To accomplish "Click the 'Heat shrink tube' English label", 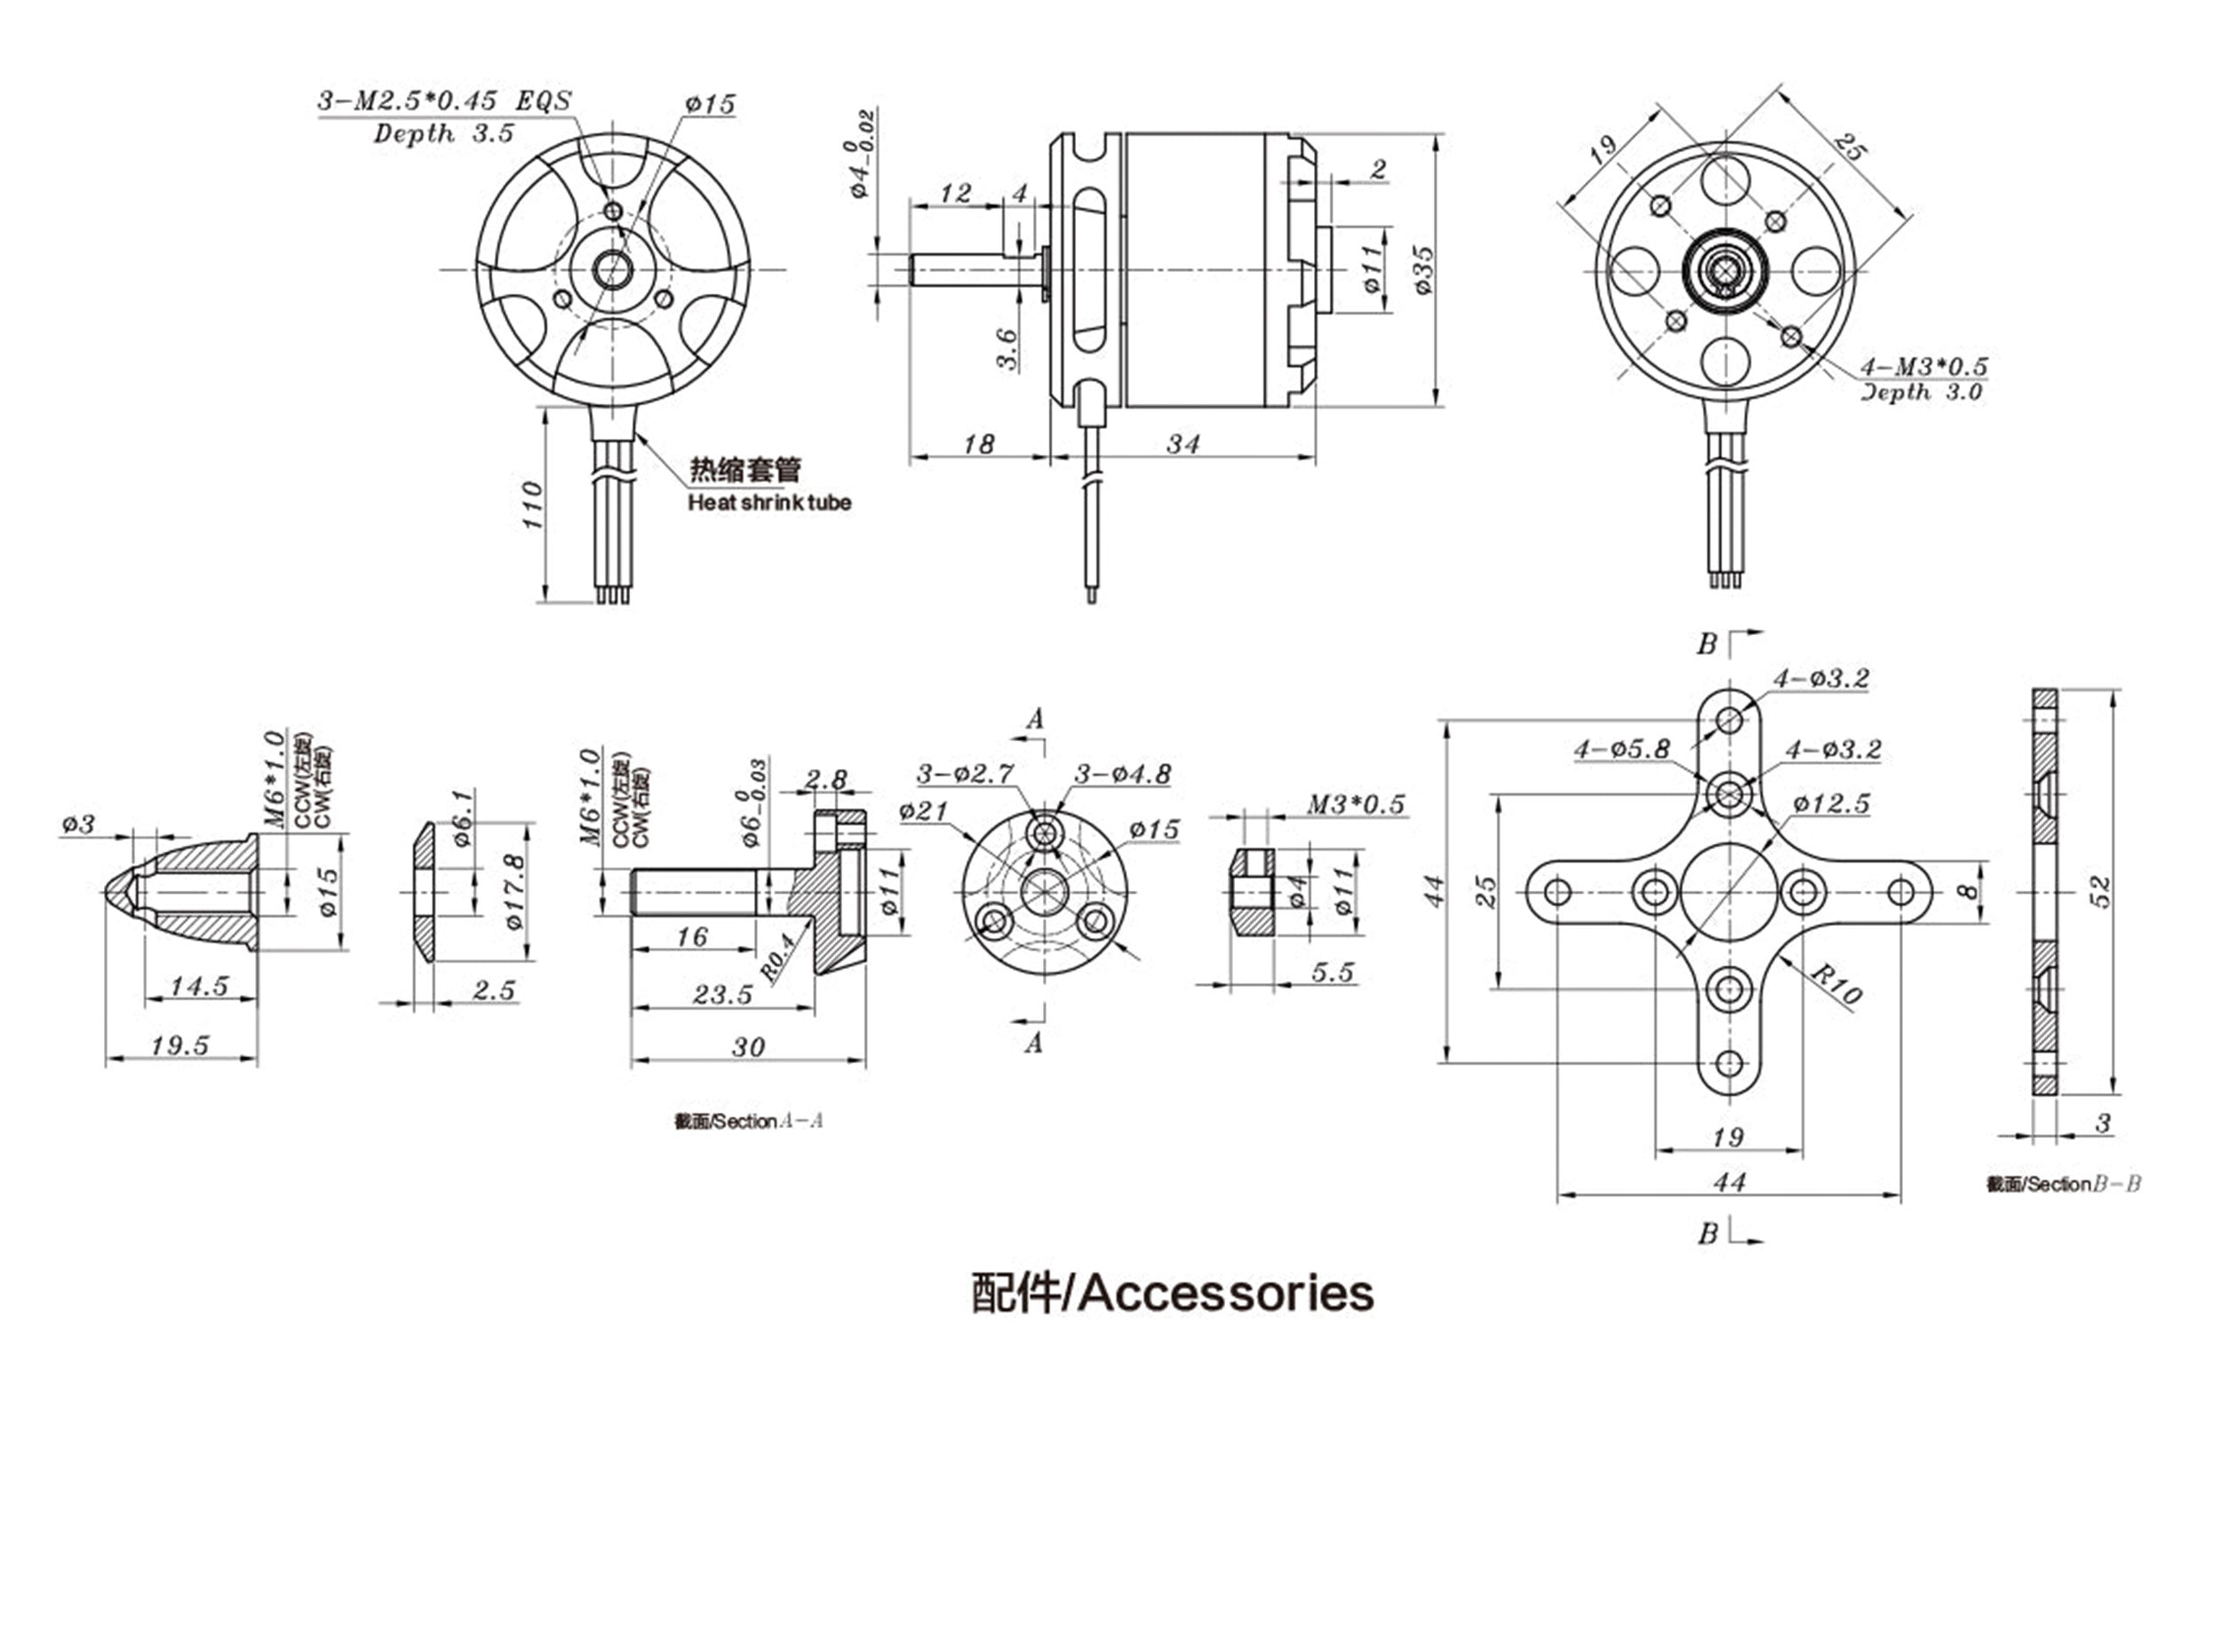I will [x=769, y=503].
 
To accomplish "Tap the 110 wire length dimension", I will [x=532, y=505].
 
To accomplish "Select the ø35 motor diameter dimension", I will [x=1422, y=270].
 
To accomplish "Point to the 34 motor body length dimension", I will [x=1182, y=445].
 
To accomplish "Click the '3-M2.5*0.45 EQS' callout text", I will [x=444, y=100].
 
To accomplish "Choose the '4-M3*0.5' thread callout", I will [x=1923, y=367].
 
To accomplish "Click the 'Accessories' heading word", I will [x=1226, y=1292].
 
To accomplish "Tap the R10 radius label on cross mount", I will [x=1835, y=984].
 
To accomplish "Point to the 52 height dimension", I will [x=2102, y=892].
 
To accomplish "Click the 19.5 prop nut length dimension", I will [x=180, y=1045].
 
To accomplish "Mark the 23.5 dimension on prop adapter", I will [x=722, y=994].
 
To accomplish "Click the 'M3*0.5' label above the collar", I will [x=1356, y=805].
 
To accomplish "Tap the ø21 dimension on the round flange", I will [x=923, y=812].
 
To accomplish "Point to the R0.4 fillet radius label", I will [x=777, y=957].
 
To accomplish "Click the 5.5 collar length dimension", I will [x=1333, y=973].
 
